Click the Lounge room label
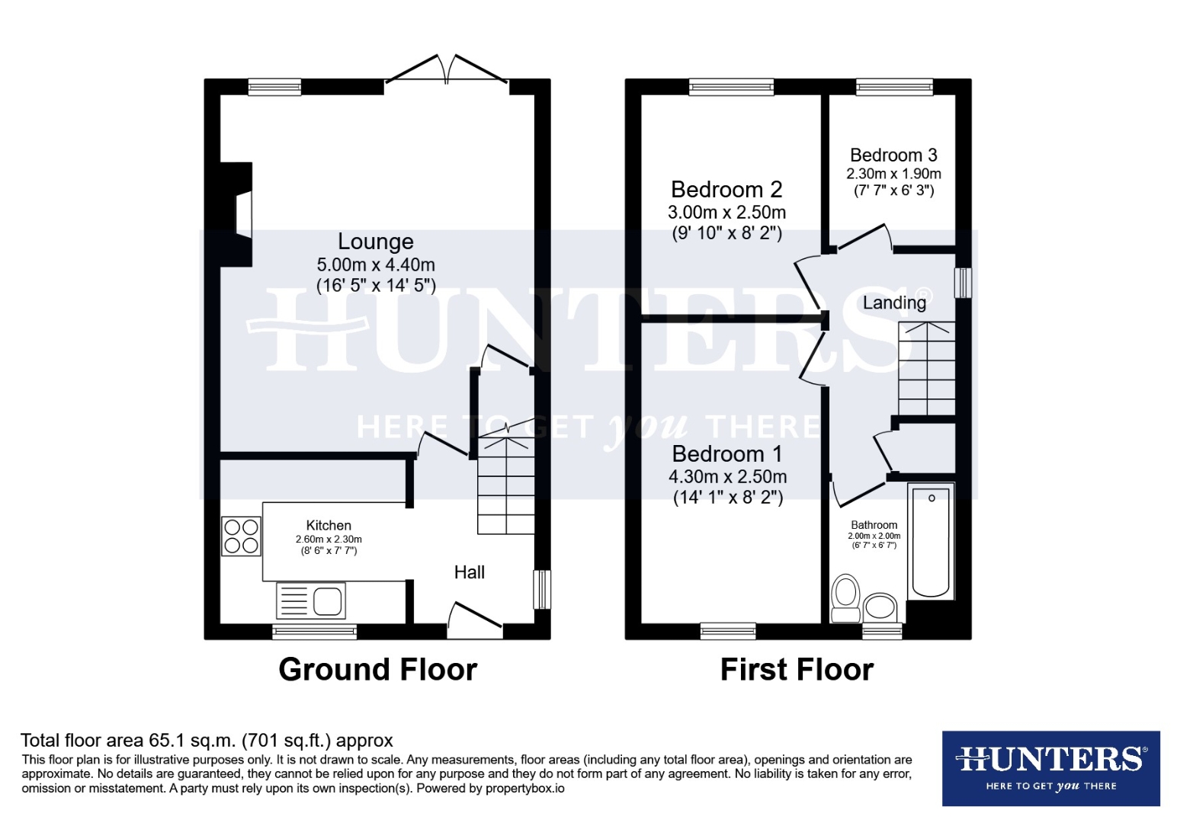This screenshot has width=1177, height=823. point(375,242)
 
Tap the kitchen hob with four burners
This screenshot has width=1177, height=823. point(241,536)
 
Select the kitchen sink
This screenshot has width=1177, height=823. point(311,600)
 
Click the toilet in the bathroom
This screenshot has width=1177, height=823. point(845,599)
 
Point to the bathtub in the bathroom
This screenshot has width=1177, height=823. point(931,543)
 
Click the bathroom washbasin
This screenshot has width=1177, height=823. point(880,607)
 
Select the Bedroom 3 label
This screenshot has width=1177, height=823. point(893,155)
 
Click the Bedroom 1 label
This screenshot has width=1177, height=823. point(726,454)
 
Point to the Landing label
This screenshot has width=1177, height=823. point(894,303)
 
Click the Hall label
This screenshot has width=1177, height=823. point(470,572)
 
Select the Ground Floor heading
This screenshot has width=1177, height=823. point(377,669)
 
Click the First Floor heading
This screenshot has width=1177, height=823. point(797,669)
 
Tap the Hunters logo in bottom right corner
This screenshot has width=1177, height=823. point(1050,768)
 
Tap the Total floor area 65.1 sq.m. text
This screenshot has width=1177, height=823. point(207,740)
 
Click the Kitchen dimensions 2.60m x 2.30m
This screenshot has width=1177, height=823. point(329,540)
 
